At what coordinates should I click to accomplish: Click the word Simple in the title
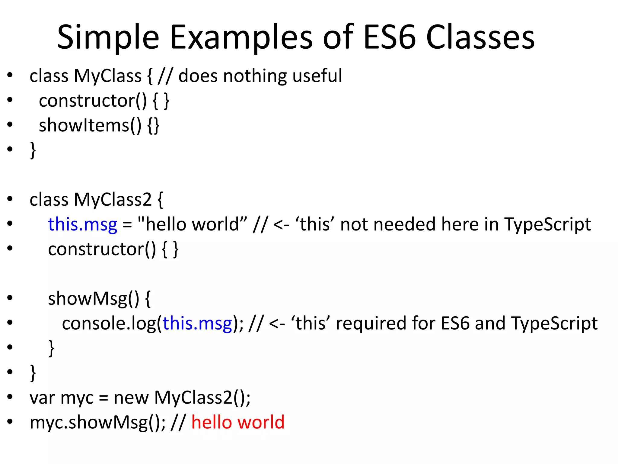(108, 38)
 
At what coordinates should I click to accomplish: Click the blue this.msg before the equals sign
(82, 224)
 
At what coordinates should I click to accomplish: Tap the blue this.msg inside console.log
(197, 323)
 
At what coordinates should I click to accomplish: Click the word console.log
(109, 323)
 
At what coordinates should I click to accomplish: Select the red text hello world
(238, 422)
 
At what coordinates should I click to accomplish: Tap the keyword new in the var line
(131, 397)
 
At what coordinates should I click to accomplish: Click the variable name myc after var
(77, 397)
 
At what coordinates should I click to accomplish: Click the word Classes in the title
(480, 38)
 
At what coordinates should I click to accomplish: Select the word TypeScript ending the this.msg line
(547, 224)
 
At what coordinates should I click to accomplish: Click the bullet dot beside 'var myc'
(10, 397)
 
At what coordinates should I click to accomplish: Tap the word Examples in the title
(241, 38)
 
